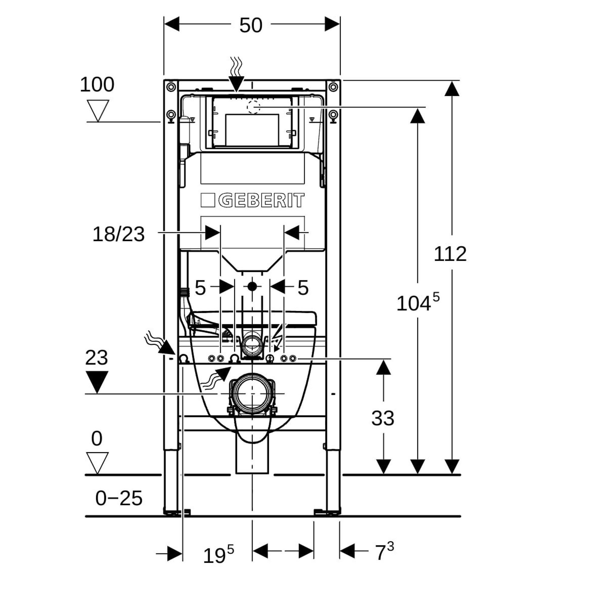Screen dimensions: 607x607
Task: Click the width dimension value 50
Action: pos(251,25)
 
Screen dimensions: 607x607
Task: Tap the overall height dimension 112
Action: pos(450,254)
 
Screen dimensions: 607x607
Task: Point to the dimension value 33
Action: pos(383,418)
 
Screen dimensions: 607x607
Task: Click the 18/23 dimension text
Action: pos(118,234)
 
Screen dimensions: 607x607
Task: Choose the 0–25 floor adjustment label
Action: pos(119,498)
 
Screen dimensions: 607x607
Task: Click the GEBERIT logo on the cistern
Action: pos(253,200)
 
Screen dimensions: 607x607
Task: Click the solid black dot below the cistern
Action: pos(252,286)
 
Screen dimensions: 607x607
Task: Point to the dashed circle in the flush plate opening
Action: pos(253,107)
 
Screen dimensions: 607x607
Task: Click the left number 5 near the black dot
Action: pos(200,287)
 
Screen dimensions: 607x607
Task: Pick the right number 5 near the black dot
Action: pos(303,287)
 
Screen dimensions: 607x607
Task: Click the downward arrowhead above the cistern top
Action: pos(236,83)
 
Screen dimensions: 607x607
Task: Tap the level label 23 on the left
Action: pos(97,358)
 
